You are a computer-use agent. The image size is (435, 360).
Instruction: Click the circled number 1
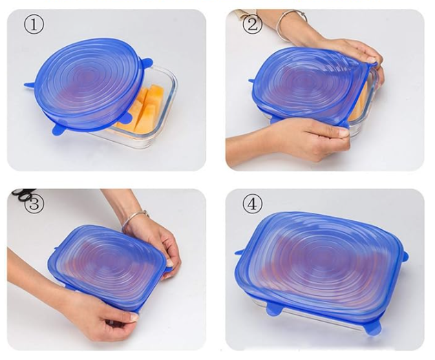coord(34,25)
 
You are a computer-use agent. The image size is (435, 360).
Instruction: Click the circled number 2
coord(252,24)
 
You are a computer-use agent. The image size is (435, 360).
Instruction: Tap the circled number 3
coord(34,204)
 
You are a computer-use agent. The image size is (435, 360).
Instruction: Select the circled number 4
coord(252,204)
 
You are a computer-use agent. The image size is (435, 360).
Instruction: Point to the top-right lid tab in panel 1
coord(147,63)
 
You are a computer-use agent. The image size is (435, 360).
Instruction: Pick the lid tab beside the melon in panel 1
coord(128,118)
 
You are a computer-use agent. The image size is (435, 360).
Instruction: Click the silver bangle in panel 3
coord(134,218)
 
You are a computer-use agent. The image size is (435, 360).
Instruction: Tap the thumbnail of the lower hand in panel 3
coord(134,317)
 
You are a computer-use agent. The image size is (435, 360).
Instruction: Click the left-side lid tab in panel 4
coord(240,252)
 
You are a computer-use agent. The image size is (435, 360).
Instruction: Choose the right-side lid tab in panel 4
coord(405,255)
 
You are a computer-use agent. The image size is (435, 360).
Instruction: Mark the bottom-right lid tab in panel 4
coord(373,328)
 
